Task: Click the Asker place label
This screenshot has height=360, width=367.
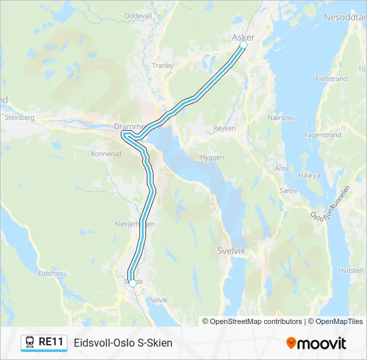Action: point(242,37)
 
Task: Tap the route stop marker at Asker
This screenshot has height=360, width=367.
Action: point(243,45)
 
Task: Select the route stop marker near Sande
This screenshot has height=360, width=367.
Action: point(133,283)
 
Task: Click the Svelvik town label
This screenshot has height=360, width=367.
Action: point(232,251)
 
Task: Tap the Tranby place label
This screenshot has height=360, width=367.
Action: point(162,65)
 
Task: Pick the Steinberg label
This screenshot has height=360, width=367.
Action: point(19,117)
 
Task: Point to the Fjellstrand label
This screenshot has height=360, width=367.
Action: point(331,79)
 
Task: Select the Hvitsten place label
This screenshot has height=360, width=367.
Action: point(350,271)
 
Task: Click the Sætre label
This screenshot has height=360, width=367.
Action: point(288,190)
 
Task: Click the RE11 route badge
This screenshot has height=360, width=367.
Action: point(44,342)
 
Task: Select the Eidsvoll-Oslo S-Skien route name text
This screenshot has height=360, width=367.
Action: point(123,343)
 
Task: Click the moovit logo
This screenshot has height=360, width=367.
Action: point(316,343)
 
